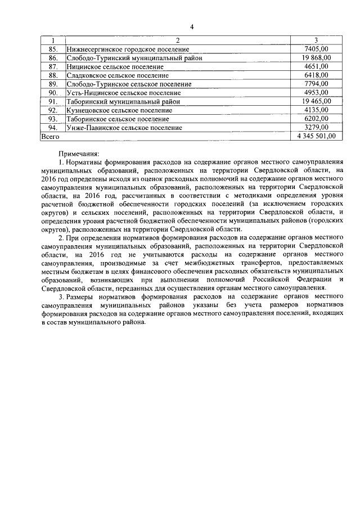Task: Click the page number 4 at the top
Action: [191, 26]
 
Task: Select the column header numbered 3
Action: [316, 40]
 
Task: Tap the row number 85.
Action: [53, 49]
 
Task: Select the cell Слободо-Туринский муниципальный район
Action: [134, 58]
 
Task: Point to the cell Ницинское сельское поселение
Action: [115, 66]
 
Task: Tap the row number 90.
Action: [53, 92]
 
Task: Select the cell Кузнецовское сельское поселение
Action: [119, 110]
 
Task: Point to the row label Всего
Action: [51, 136]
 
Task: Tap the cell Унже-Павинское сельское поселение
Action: [124, 128]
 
